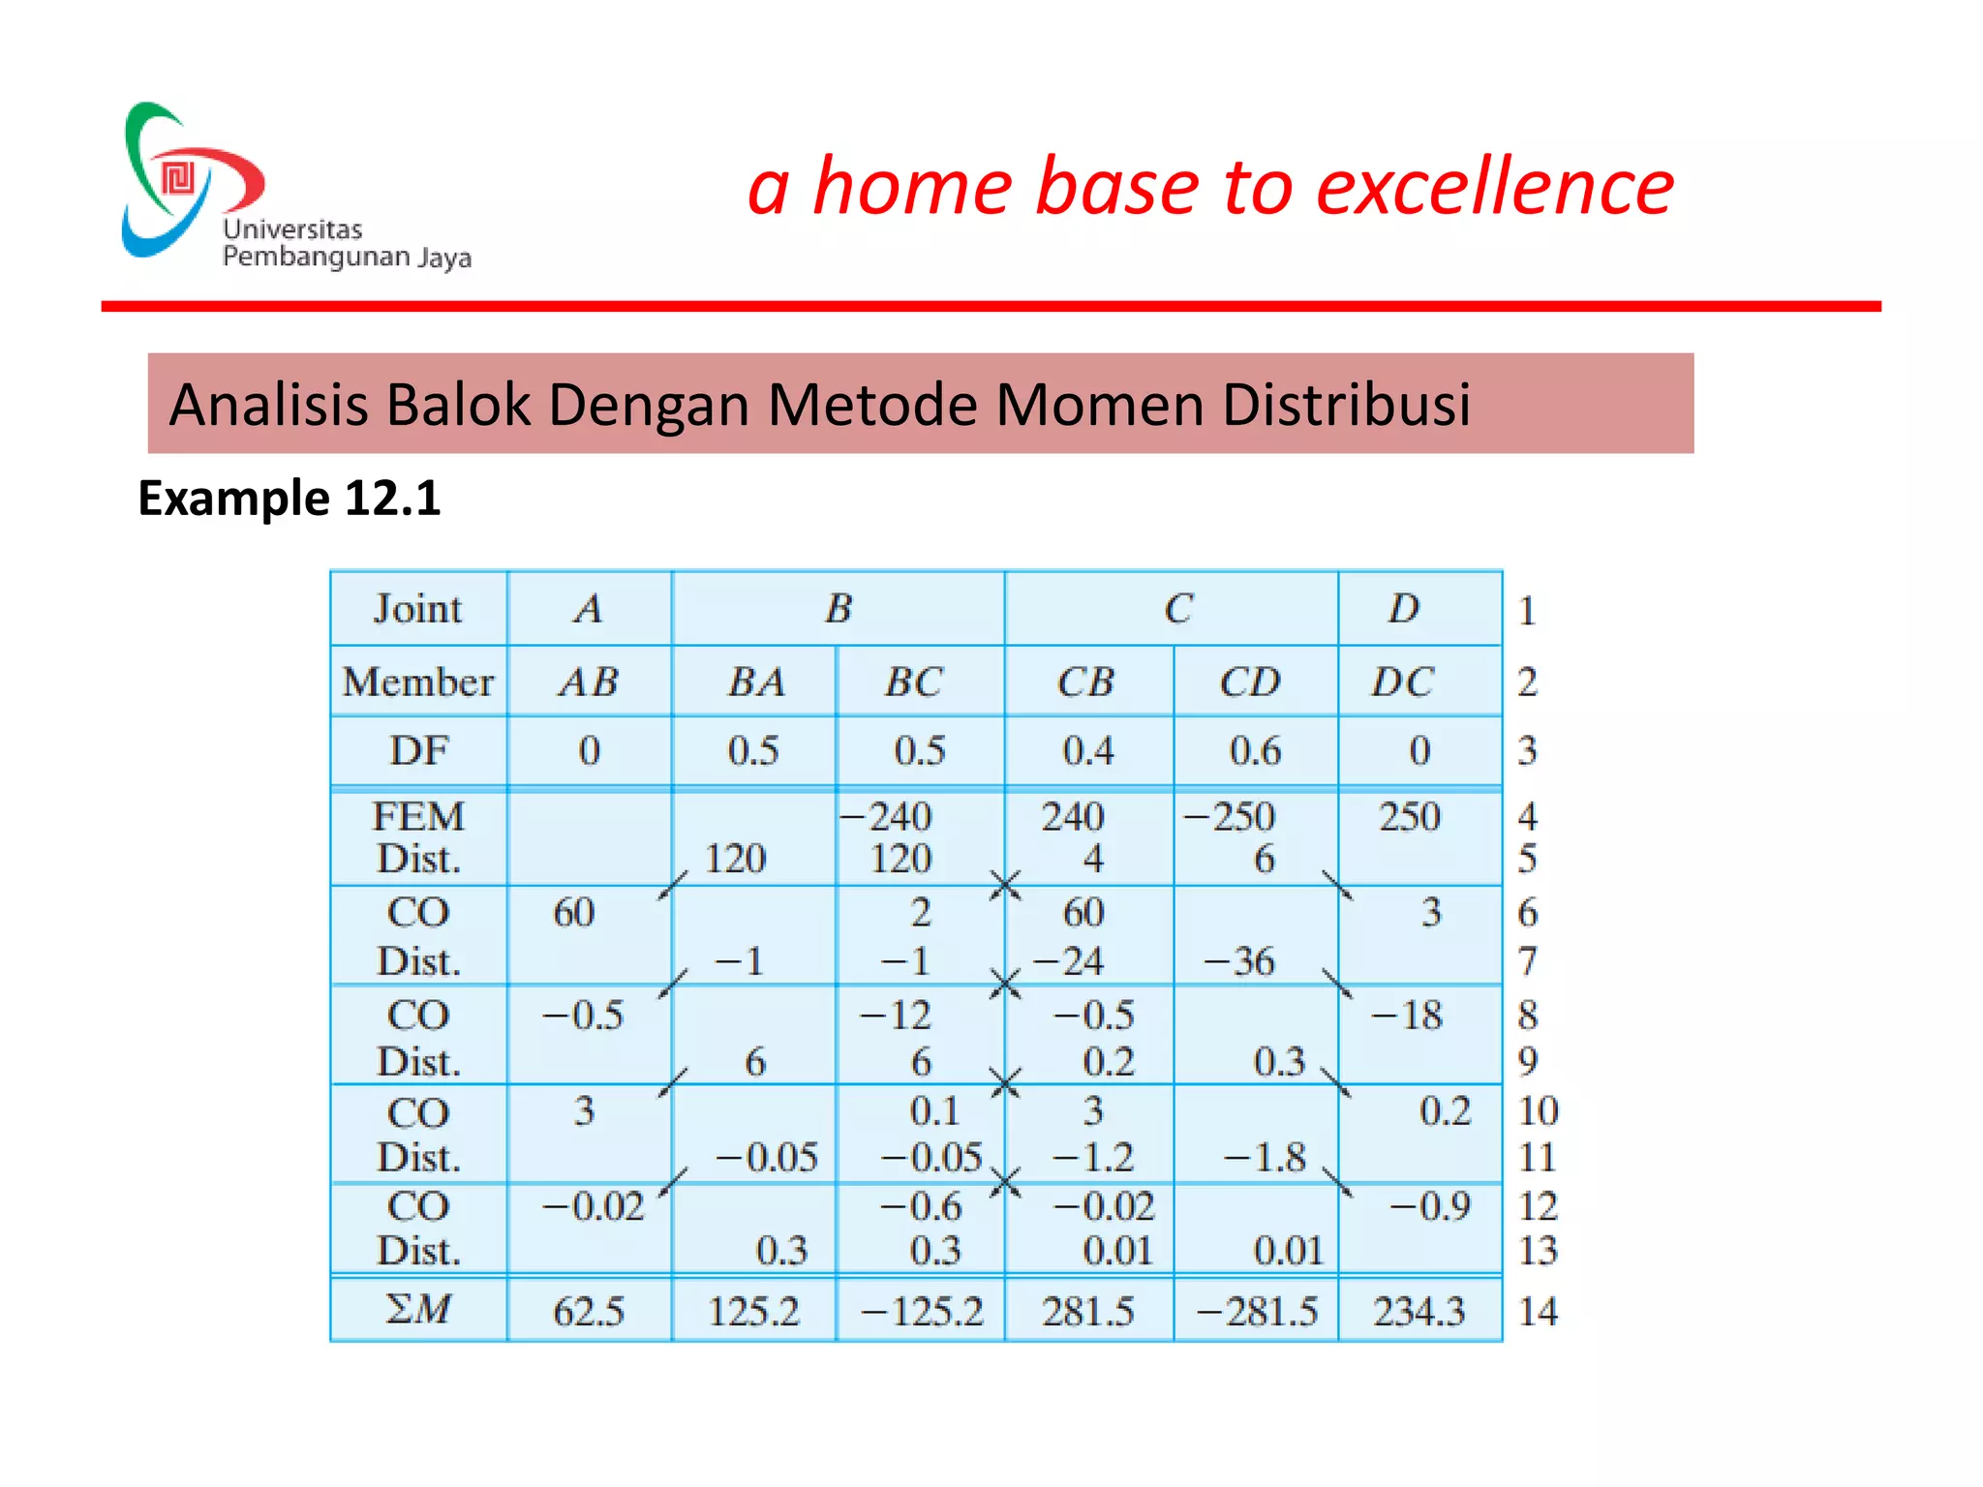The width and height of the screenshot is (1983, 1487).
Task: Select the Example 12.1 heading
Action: tap(289, 499)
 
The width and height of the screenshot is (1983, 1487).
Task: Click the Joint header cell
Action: tap(417, 609)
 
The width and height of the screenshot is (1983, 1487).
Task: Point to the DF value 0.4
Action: tap(1088, 751)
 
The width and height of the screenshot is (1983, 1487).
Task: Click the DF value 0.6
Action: tap(1255, 751)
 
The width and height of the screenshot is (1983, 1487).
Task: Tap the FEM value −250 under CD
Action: tap(1230, 816)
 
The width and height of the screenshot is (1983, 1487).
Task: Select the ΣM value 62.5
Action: tap(588, 1312)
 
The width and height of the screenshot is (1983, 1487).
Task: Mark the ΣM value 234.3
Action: tap(1419, 1312)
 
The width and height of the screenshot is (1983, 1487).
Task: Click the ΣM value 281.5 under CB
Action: tap(1087, 1312)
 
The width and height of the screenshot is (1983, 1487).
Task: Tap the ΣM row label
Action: tap(417, 1309)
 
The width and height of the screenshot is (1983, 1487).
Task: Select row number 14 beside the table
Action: tap(1538, 1312)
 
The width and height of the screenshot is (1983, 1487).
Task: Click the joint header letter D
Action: tap(1404, 609)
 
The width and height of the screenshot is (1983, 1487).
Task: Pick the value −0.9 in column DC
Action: tap(1430, 1206)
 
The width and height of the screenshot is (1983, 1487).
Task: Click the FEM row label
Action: tap(418, 816)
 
